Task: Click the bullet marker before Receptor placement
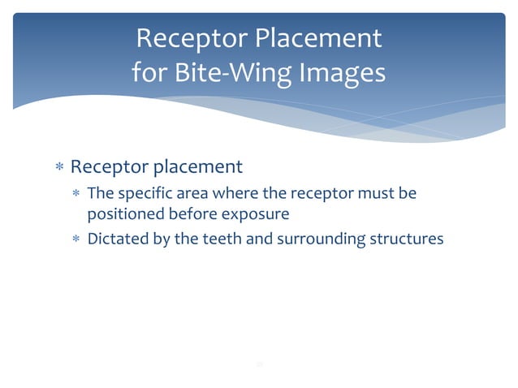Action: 59,168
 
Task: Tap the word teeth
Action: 215,239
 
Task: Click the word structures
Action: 408,239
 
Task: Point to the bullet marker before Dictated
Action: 76,240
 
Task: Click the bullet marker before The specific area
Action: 76,195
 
